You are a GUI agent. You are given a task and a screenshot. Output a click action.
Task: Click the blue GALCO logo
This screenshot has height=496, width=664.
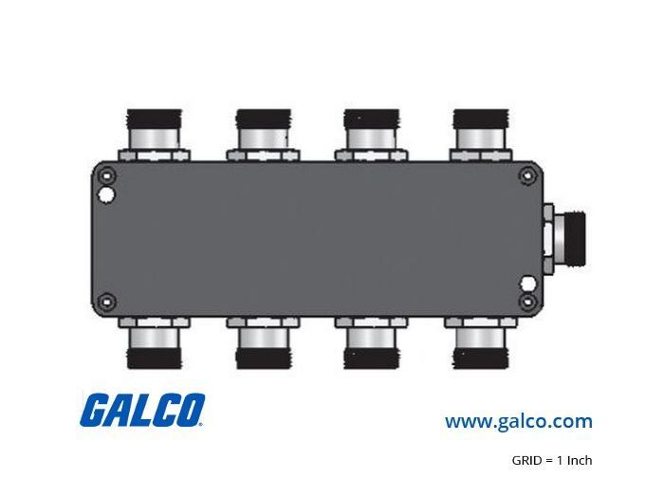pos(142,410)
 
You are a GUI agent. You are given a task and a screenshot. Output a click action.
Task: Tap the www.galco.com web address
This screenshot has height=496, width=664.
pos(518,421)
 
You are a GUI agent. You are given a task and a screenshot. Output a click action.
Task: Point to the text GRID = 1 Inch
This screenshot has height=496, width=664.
pos(552,460)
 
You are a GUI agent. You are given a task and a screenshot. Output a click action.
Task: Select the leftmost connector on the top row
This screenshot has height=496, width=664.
pos(155,135)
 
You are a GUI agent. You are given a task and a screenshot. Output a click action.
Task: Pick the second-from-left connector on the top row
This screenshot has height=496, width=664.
pos(263,135)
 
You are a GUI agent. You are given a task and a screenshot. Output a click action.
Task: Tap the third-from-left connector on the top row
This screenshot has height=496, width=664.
pos(372,135)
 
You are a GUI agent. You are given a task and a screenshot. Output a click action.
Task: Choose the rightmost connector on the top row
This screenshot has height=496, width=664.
pos(481,135)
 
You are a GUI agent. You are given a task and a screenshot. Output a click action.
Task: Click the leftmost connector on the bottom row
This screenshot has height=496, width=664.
pos(155,342)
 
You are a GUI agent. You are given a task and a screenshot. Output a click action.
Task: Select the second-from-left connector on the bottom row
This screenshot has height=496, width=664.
pos(263,342)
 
